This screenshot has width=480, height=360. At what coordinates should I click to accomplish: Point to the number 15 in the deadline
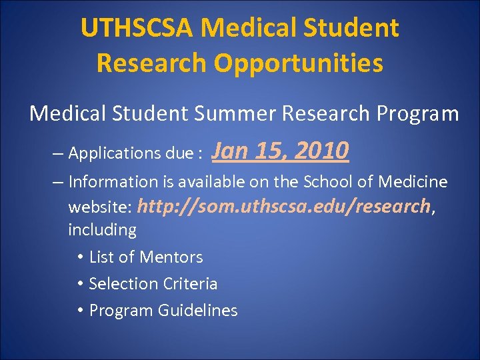269,151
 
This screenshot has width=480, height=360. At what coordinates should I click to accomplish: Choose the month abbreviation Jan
231,151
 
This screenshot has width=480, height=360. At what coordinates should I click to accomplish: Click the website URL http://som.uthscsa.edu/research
284,207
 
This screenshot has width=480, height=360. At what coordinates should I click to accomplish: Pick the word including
102,231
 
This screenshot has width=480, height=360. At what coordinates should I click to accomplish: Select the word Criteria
189,284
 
